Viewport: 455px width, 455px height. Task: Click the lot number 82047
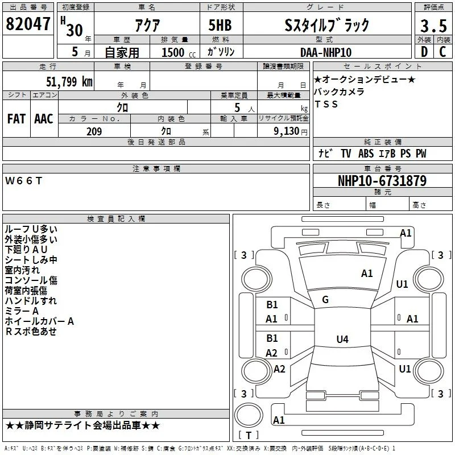[28, 24]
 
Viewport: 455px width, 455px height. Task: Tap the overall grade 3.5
[433, 26]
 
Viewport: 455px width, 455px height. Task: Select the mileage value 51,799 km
[69, 81]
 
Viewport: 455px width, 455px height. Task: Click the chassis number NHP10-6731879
[382, 180]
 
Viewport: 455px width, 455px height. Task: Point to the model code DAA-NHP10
[326, 52]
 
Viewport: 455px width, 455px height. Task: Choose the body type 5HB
[220, 25]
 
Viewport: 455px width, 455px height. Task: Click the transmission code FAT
[16, 119]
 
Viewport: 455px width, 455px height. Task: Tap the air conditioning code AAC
[44, 119]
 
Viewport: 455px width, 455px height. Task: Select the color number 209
[94, 131]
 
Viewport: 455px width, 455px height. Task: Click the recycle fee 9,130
[287, 131]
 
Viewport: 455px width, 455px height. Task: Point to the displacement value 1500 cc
[179, 52]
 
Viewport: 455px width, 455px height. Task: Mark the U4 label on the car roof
[342, 339]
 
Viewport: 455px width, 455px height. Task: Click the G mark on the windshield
[325, 300]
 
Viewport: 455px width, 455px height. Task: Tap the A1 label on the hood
[367, 274]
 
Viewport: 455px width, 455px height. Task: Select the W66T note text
[24, 181]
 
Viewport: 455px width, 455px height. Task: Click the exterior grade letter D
[424, 52]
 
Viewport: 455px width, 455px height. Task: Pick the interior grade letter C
[443, 52]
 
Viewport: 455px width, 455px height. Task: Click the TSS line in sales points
[326, 104]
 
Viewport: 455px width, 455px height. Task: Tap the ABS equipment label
[366, 154]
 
